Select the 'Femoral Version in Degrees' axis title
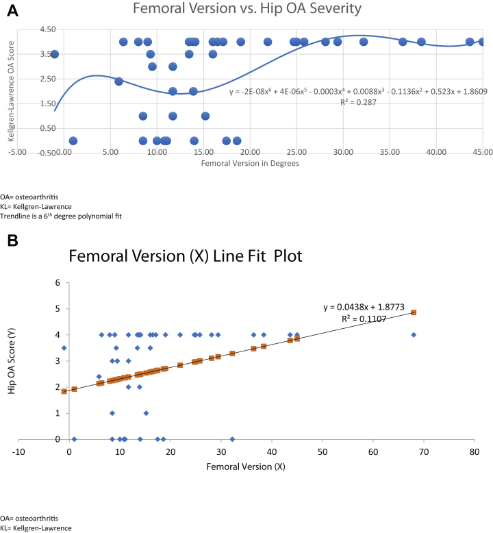[x=250, y=164]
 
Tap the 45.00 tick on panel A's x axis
[x=482, y=152]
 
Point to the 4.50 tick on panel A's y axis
[x=29, y=30]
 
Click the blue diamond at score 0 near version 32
[x=232, y=439]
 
